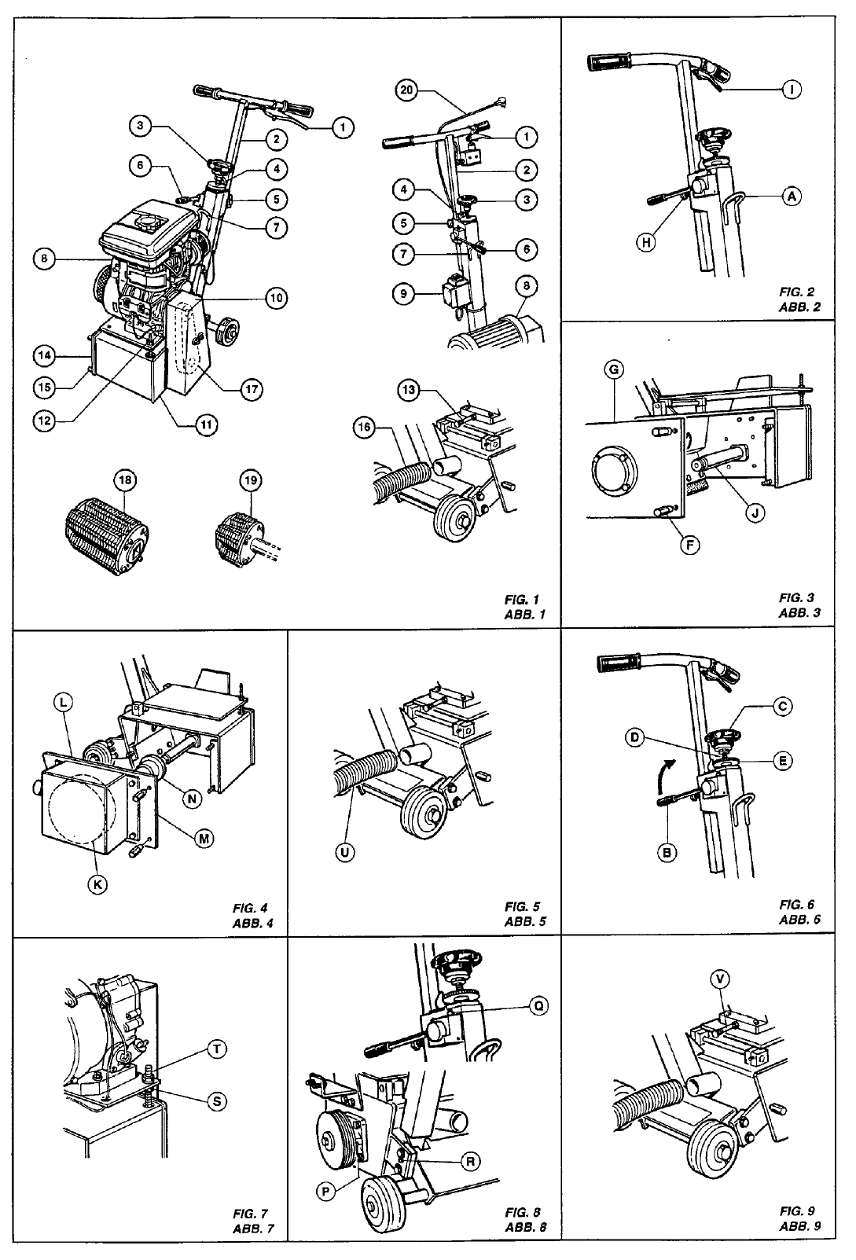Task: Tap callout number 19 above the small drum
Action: (x=251, y=479)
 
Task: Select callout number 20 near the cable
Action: (x=406, y=90)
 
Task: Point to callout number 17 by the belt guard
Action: (x=252, y=388)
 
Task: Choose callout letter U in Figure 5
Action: (x=343, y=852)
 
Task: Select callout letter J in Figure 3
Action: (x=755, y=513)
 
